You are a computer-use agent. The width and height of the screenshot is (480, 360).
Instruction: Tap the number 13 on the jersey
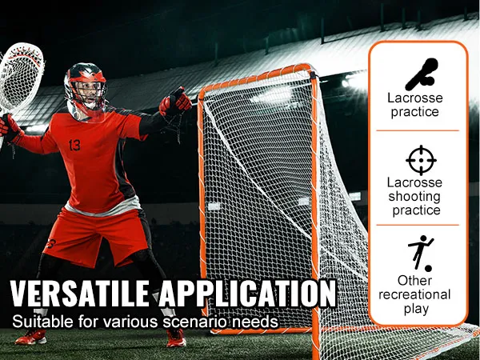tap(74, 146)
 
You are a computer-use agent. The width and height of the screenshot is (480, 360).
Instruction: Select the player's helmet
tap(85, 84)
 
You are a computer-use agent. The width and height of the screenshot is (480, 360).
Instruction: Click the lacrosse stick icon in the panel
tap(421, 74)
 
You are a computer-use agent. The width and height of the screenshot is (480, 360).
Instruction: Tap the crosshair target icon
tap(421, 160)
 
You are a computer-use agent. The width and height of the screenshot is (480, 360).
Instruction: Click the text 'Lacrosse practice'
tap(415, 105)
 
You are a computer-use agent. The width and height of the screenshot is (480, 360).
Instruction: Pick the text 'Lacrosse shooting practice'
tap(415, 197)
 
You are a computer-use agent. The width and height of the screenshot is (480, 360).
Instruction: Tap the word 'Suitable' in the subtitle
tap(37, 322)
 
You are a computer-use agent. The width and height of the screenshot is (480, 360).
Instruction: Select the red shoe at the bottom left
tap(30, 337)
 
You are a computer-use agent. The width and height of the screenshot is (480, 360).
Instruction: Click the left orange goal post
tap(202, 200)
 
